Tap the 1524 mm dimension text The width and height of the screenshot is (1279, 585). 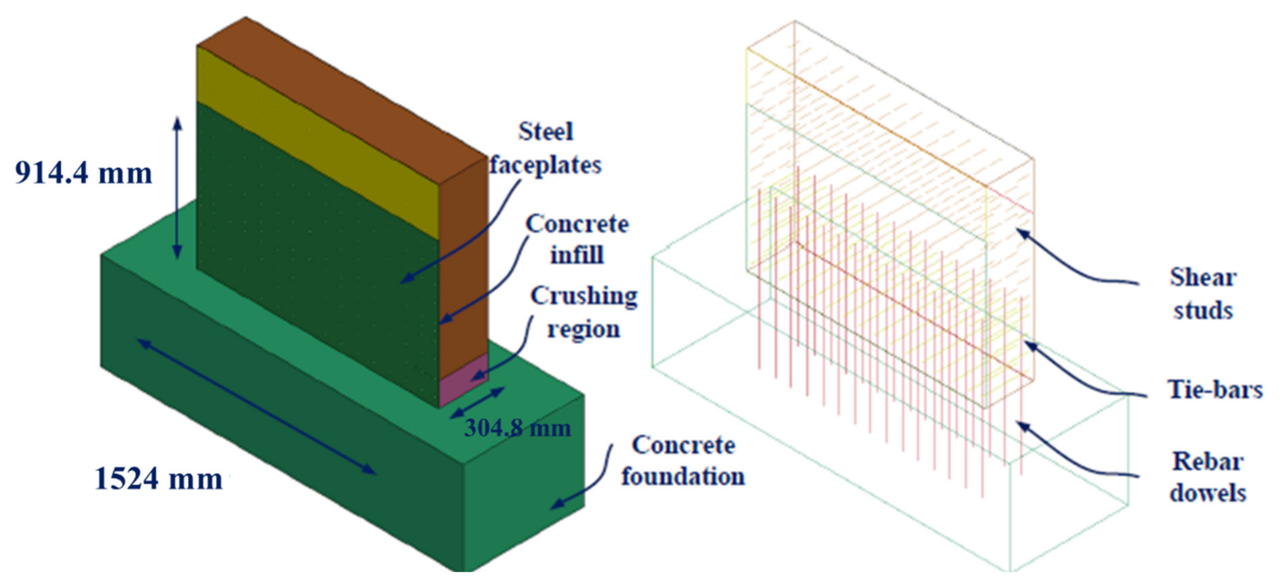click(159, 479)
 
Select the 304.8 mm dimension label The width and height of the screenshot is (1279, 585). click(517, 428)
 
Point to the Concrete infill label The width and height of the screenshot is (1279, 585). click(577, 239)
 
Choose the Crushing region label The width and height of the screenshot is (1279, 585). click(584, 312)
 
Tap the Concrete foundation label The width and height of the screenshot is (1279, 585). click(683, 461)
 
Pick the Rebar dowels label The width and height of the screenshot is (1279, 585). click(1208, 477)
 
